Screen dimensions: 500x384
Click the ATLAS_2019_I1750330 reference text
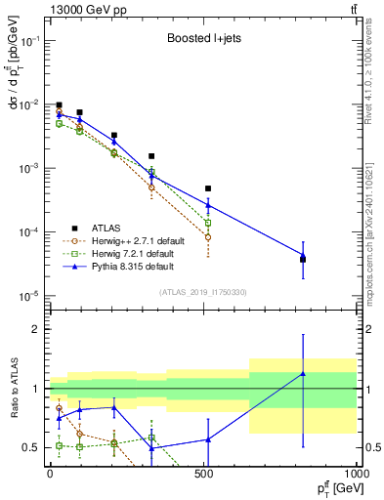(x=202, y=292)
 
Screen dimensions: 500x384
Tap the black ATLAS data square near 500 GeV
(x=207, y=188)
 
